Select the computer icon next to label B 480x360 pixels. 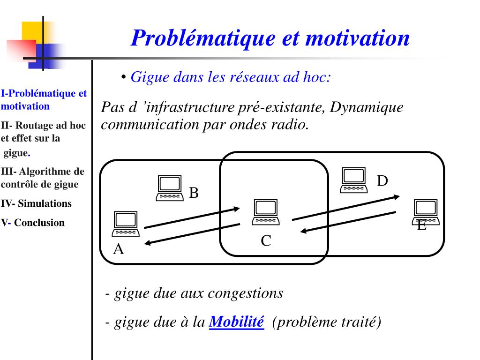click(169, 188)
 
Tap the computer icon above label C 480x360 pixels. click(266, 212)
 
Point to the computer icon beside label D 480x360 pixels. click(353, 180)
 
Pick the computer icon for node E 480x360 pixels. click(426, 211)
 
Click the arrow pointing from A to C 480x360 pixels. click(193, 218)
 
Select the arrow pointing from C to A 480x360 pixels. click(192, 233)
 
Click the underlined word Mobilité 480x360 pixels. click(236, 322)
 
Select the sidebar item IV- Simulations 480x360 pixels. click(37, 203)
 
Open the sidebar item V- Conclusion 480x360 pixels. click(33, 223)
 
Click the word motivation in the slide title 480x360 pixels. click(357, 38)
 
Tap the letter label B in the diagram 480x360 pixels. click(194, 193)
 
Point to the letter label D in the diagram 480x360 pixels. click(383, 180)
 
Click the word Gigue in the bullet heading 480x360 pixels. click(146, 77)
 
